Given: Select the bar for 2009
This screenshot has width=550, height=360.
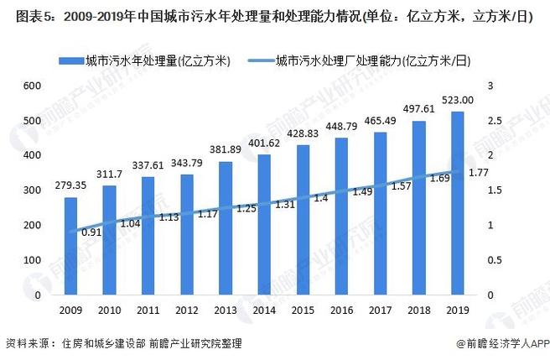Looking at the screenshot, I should pyautogui.click(x=70, y=247).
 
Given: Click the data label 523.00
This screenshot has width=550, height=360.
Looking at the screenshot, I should pyautogui.click(x=457, y=100).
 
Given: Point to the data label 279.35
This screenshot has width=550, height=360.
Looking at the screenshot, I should pyautogui.click(x=70, y=185).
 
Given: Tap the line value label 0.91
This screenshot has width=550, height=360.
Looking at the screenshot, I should pyautogui.click(x=91, y=233).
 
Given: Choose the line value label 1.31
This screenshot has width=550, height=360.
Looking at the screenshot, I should pyautogui.click(x=284, y=205).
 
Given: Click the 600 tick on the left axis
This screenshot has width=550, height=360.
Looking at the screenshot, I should pyautogui.click(x=33, y=86).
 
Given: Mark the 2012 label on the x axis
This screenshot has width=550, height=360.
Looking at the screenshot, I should pyautogui.click(x=186, y=311).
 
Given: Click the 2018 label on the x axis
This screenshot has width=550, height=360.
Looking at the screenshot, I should pyautogui.click(x=418, y=311).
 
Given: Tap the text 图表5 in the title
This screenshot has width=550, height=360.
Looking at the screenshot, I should pyautogui.click(x=21, y=15).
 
